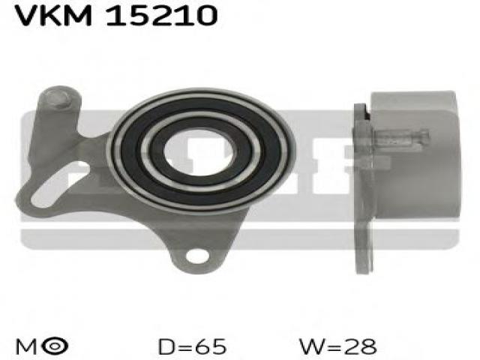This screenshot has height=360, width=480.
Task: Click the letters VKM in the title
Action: coord(53,15)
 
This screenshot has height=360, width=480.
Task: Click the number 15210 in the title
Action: coord(162,15)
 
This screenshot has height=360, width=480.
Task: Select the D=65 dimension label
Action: coord(192,346)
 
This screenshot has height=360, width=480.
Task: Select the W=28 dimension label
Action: coord(338,346)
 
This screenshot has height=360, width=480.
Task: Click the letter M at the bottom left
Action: coord(26,347)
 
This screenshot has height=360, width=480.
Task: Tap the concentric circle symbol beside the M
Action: coord(55,346)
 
